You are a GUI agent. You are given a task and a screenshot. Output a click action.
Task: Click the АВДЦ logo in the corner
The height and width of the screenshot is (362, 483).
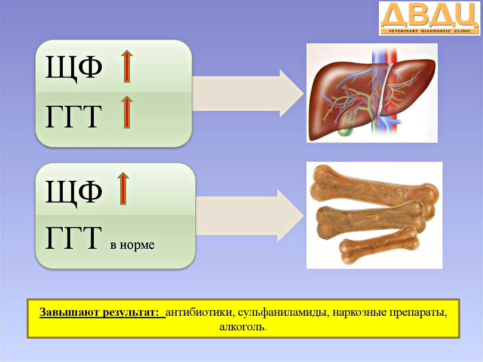point(429,18)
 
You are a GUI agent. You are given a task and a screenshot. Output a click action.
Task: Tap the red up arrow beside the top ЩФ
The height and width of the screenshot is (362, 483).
point(126,66)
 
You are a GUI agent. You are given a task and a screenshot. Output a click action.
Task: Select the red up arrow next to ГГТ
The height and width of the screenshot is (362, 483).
point(126,112)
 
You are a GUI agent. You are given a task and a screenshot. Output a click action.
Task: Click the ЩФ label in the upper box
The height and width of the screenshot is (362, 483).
point(74,67)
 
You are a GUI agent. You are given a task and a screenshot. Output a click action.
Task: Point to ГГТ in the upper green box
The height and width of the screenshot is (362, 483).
point(73,116)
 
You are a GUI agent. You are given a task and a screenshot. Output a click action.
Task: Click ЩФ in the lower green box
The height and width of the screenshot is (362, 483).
point(74,192)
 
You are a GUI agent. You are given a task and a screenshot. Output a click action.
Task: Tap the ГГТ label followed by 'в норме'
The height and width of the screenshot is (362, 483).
point(73,237)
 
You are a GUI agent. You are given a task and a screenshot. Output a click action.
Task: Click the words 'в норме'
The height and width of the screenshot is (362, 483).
point(132,245)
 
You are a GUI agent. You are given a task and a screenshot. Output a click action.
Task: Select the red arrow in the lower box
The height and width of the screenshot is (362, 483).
point(123,188)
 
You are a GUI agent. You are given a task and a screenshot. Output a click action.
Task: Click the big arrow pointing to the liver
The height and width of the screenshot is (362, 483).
point(248,93)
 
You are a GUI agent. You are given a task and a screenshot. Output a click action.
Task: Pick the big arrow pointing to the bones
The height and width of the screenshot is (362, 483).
point(250,216)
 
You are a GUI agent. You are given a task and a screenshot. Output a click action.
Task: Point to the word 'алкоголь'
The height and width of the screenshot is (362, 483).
point(243,327)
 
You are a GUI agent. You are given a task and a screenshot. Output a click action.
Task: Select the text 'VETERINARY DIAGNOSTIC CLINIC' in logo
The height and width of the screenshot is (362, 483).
point(429,31)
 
